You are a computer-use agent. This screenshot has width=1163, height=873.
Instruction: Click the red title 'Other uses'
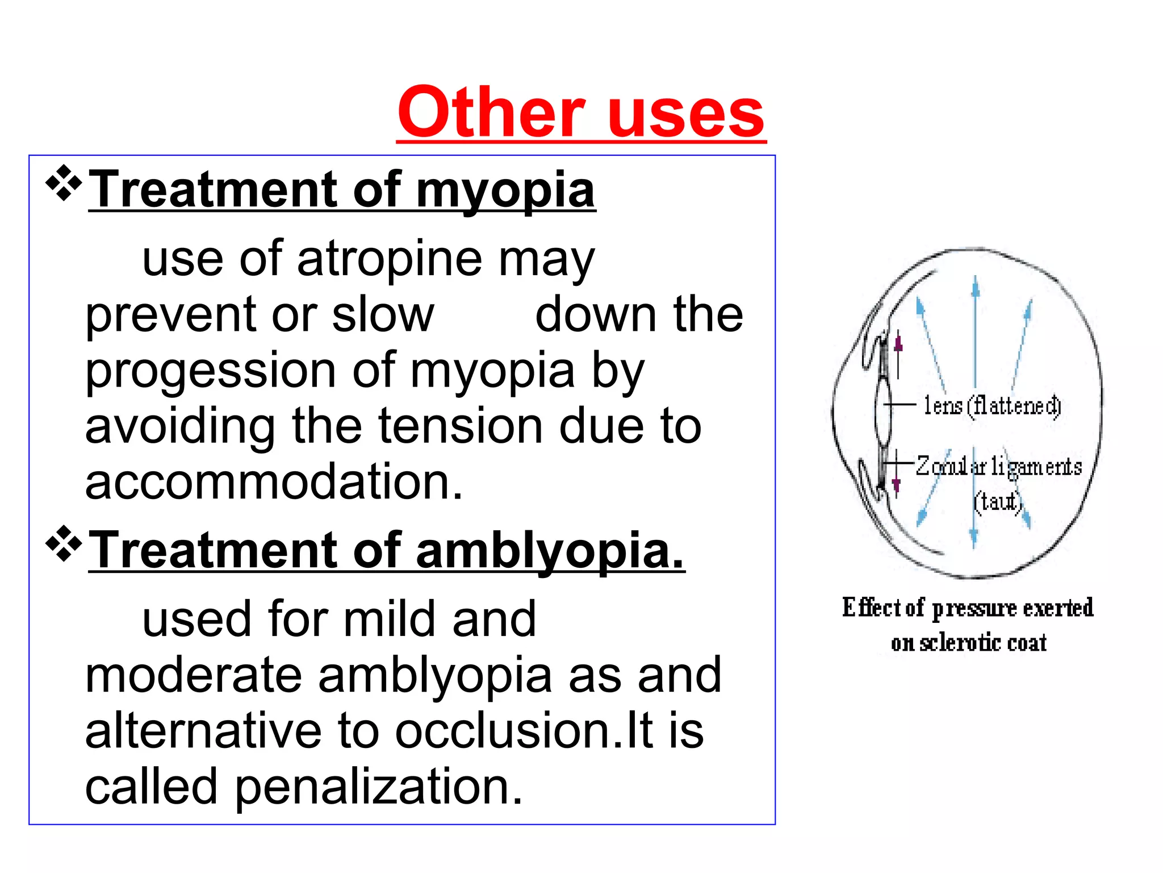pos(581,113)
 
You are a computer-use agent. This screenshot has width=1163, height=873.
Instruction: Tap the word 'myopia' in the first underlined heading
pos(505,190)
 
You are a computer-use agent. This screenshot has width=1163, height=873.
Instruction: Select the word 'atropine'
pos(389,259)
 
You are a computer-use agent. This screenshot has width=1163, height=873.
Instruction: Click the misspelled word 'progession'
pos(210,371)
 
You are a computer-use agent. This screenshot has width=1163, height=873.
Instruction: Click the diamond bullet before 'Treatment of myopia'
pos(64,183)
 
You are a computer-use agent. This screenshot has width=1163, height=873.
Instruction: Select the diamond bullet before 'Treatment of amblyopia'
pos(64,544)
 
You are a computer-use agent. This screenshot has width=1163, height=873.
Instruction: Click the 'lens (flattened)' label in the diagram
pos(992,406)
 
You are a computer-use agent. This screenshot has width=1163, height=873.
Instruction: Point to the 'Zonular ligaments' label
pos(999,467)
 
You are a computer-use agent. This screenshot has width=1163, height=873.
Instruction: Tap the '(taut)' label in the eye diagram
pos(998,501)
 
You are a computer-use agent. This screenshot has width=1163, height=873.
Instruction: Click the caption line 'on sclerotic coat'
pos(968,643)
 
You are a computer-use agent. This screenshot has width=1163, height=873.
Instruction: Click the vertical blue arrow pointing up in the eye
pos(975,330)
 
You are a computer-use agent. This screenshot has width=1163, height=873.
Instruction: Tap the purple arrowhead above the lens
pos(898,343)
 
